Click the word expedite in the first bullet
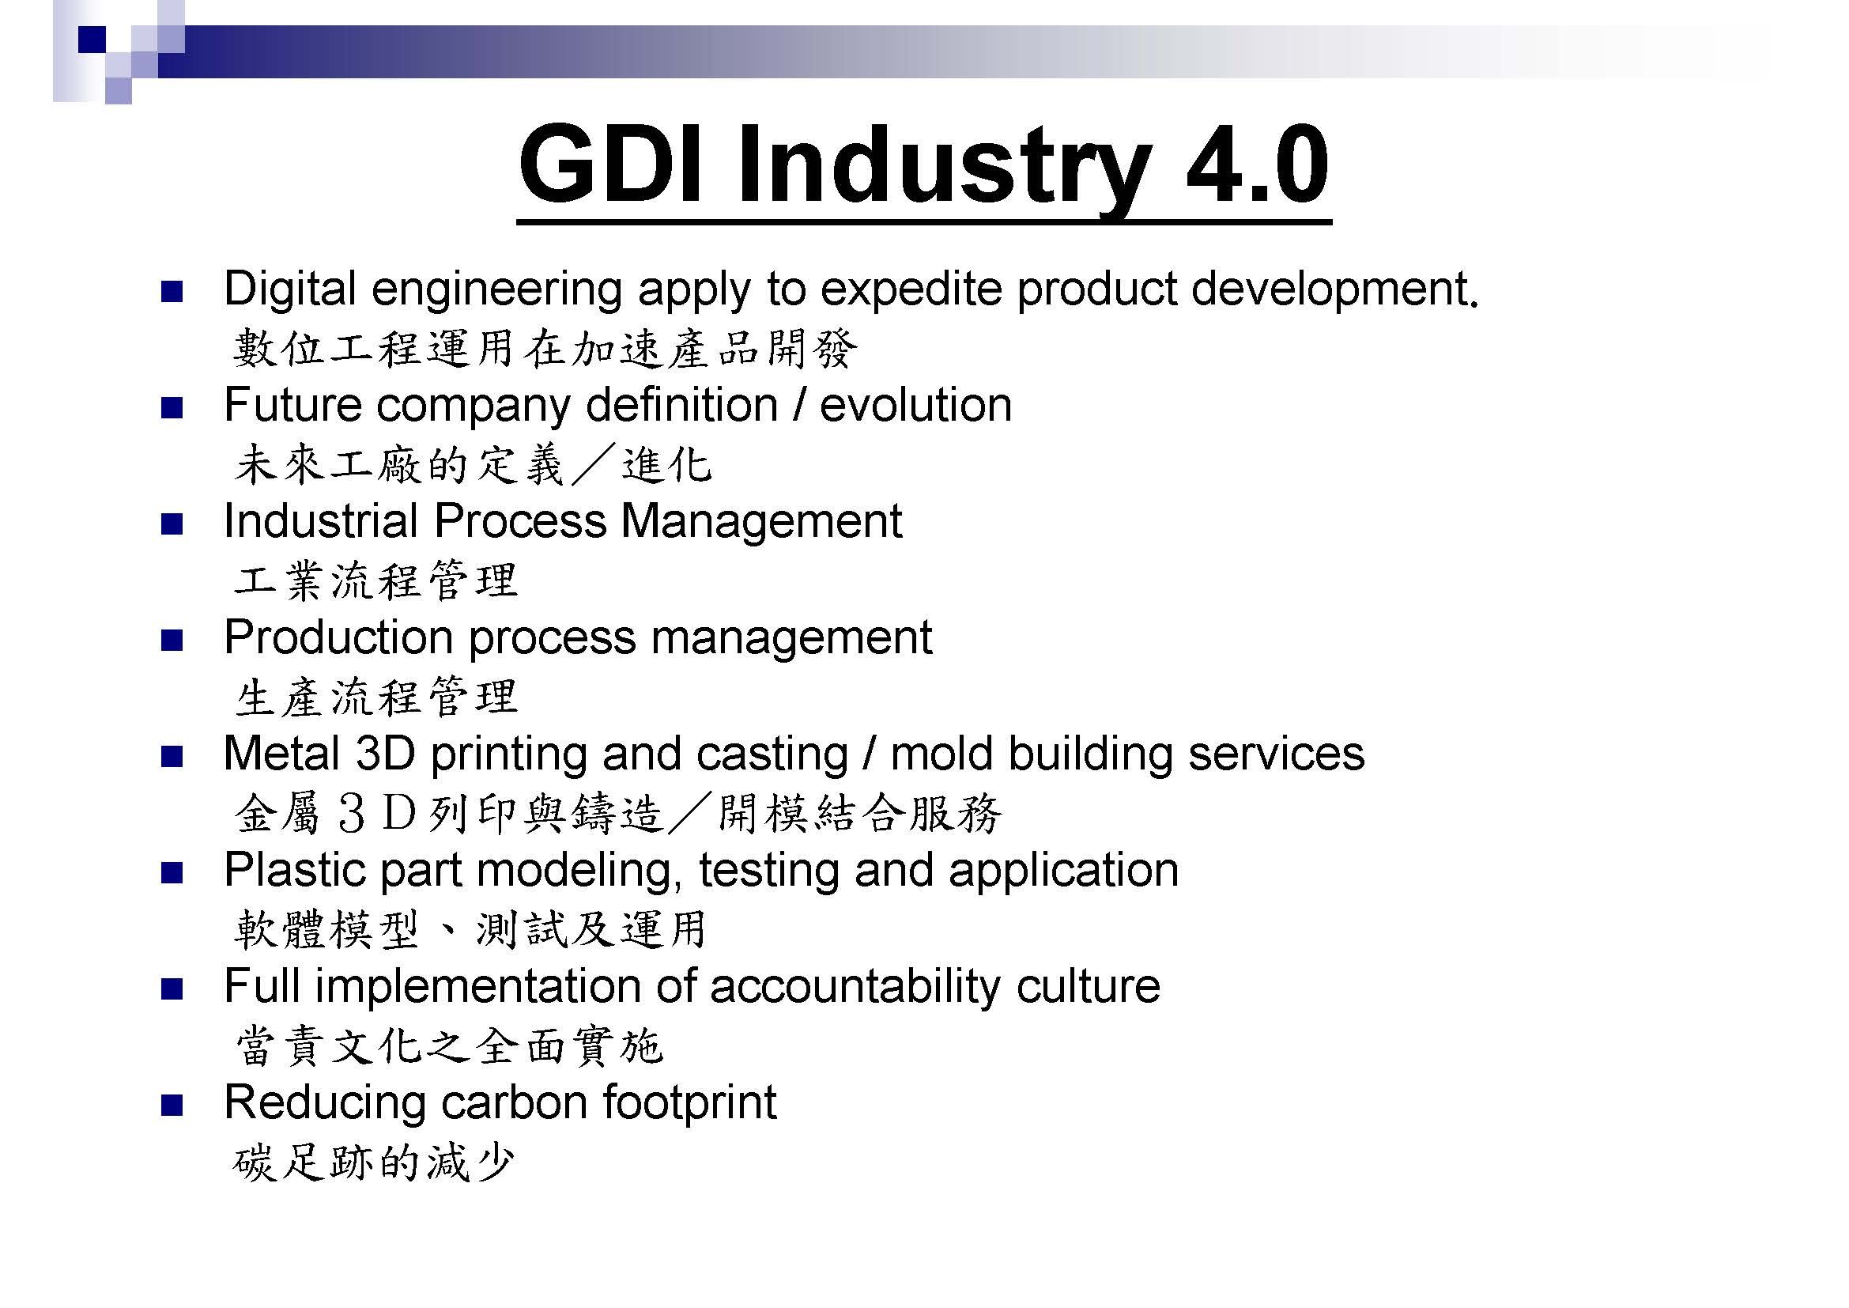coord(912,290)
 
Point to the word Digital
coord(289,290)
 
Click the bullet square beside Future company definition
coord(172,408)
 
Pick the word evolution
coord(915,404)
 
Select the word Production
coord(338,637)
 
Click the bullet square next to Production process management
coord(172,641)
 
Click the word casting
coord(772,755)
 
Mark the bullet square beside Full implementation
coord(172,990)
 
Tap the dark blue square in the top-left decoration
coord(92,40)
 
